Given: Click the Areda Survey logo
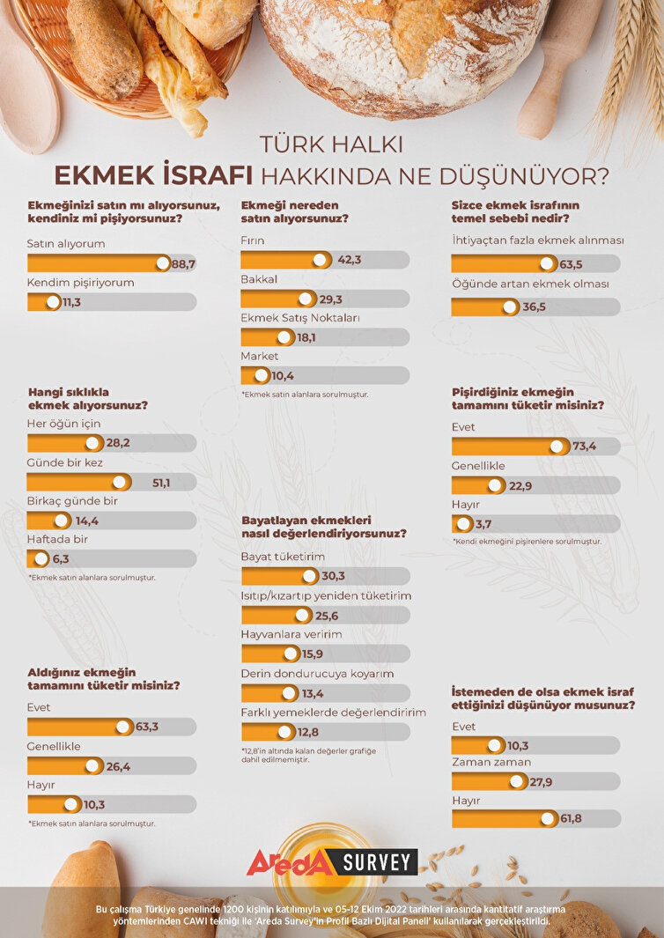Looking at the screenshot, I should [x=332, y=862].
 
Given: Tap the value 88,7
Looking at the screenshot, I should [x=184, y=263].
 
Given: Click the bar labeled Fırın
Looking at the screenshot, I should [x=285, y=260].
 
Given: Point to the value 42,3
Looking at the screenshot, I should [x=350, y=260].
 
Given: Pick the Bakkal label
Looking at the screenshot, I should [x=259, y=278].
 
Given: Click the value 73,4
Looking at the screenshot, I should [x=585, y=446].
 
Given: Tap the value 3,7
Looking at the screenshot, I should [x=483, y=524].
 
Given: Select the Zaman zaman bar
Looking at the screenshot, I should [x=488, y=781].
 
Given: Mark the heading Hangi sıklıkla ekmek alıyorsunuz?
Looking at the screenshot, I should [x=87, y=398].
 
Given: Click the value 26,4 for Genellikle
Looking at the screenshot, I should [x=118, y=766].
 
